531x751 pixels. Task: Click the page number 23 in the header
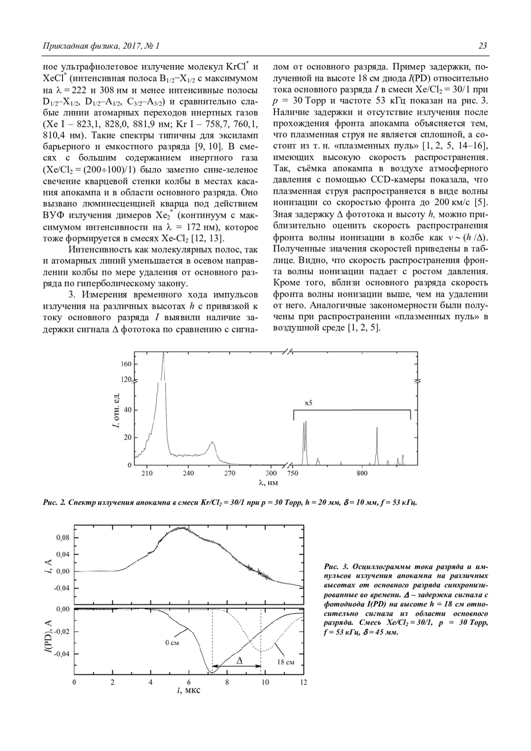coord(483,46)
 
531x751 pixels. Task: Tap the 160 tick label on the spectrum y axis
coord(126,364)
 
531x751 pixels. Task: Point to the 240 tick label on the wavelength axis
coord(188,473)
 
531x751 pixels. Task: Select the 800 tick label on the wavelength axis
coord(362,473)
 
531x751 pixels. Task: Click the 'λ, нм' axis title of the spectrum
coord(269,483)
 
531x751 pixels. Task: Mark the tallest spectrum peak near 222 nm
coord(164,354)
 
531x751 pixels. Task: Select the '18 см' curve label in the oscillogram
coord(286,662)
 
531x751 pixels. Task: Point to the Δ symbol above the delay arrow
coord(239,660)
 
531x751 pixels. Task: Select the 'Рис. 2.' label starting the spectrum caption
coord(54,503)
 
